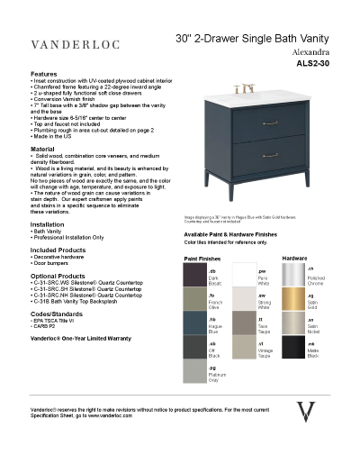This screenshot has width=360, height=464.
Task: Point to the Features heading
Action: coord(44,74)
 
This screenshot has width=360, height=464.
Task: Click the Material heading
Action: coord(42,148)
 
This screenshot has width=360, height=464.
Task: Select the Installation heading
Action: coord(48,224)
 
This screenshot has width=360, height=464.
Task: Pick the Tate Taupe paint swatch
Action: coord(243,323)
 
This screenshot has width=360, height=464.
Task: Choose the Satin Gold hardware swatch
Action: coord(293,298)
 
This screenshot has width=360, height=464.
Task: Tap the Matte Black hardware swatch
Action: coord(293,348)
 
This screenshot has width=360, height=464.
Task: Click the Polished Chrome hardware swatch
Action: coord(293,274)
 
